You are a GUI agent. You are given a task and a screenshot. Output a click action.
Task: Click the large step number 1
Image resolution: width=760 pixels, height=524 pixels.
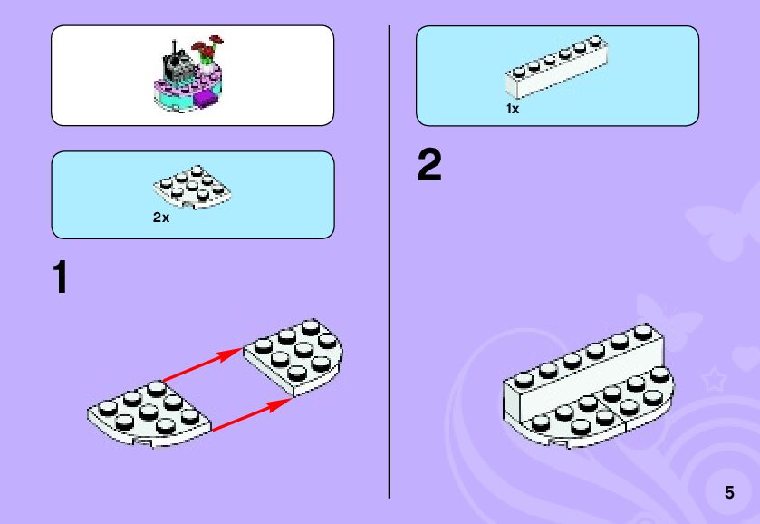61,278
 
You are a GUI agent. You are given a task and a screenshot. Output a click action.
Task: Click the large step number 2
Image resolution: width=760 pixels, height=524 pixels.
429,167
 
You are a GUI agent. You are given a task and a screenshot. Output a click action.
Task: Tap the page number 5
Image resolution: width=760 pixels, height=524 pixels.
729,493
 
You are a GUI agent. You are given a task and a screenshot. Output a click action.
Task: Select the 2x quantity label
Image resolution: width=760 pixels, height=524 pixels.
161,218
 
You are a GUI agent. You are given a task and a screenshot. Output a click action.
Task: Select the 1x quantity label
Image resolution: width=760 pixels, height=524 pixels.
513,109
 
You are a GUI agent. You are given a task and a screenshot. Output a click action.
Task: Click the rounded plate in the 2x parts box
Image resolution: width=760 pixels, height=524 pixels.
192,186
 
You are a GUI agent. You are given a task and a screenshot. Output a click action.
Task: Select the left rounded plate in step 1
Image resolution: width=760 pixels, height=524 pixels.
149,414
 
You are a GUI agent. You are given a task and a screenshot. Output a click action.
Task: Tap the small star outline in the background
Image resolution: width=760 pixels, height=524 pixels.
714,380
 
